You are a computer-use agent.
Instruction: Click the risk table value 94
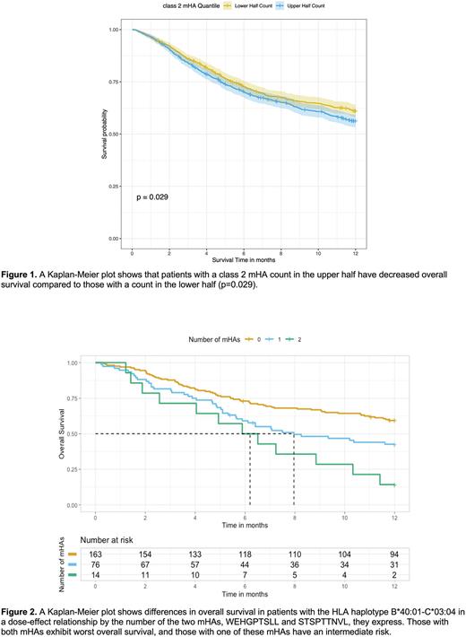(x=394, y=557)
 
